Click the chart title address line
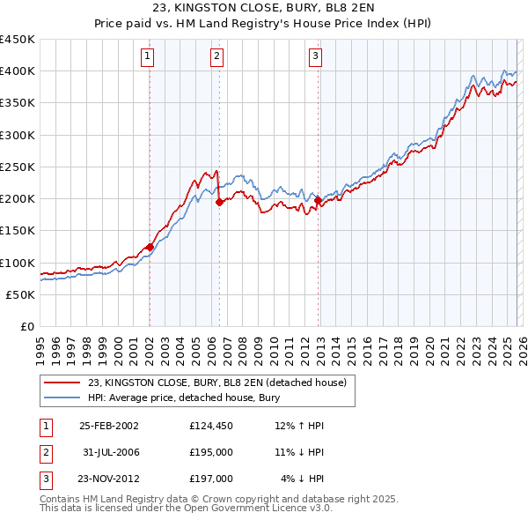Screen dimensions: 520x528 pyautogui.click(x=263, y=8)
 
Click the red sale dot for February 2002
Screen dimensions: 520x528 pyautogui.click(x=150, y=247)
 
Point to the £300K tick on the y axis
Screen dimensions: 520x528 pyautogui.click(x=18, y=135)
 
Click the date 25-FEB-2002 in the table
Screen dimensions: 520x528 pyautogui.click(x=109, y=426)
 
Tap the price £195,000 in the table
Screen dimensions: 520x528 pyautogui.click(x=211, y=452)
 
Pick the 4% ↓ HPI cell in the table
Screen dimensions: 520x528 pyautogui.click(x=302, y=479)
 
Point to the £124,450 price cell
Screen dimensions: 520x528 pyautogui.click(x=211, y=426)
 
